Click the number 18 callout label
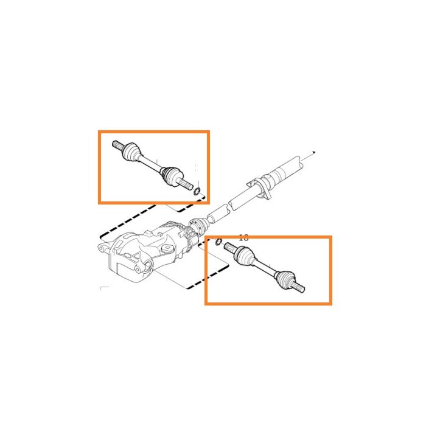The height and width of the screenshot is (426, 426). point(244,238)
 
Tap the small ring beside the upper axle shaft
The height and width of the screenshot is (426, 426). point(198,192)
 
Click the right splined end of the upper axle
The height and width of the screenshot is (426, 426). point(188,184)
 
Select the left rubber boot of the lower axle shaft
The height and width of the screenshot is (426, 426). point(243,259)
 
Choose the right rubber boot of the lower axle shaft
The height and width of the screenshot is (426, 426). point(282,278)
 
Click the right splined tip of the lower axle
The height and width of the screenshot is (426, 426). point(299,288)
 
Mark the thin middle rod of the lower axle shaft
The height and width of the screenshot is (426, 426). point(263,268)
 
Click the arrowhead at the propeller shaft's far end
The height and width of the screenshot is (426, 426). point(313,152)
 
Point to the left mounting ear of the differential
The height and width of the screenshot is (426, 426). point(105,248)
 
